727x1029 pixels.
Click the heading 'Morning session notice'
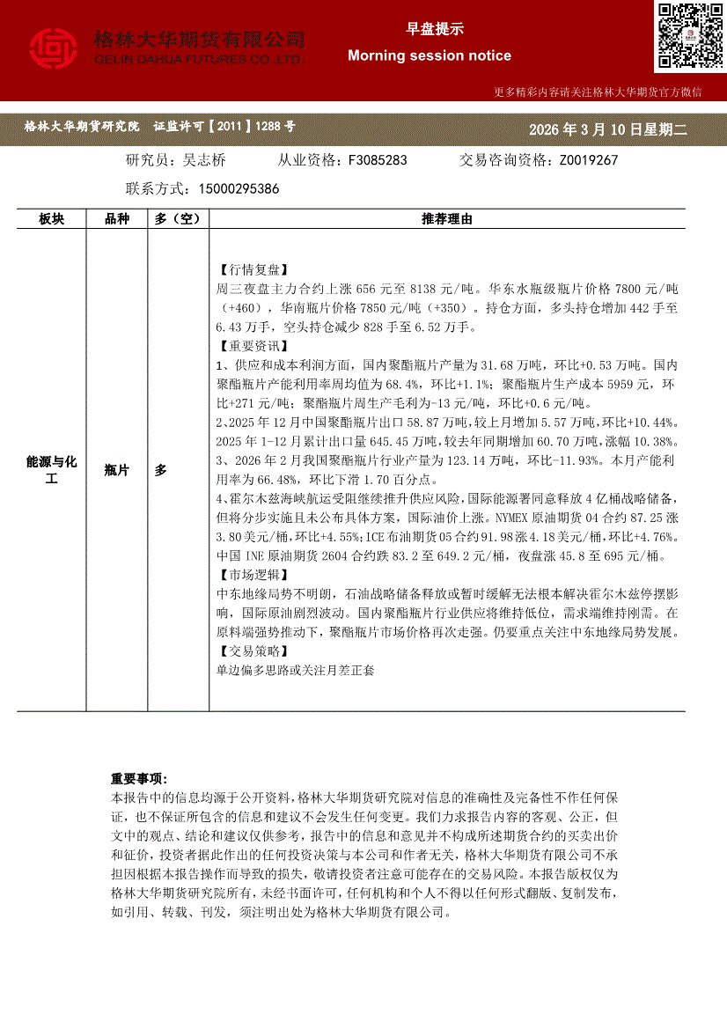point(429,55)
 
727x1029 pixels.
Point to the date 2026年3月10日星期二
point(606,129)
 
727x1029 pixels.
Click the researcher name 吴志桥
point(203,160)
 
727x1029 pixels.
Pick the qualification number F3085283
point(378,160)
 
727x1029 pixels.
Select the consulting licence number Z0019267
point(588,160)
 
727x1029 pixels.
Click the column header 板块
point(51,219)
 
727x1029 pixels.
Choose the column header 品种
point(117,219)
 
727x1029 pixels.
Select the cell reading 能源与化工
point(52,470)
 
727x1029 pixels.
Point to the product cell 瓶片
point(117,471)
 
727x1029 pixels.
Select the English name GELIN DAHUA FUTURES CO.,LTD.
point(198,59)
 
